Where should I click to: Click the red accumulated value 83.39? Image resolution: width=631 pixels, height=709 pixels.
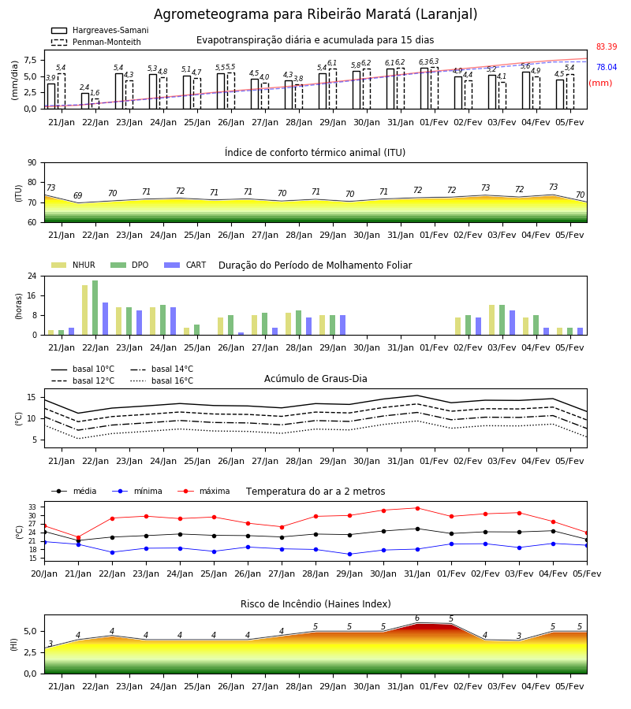pyautogui.click(x=607, y=47)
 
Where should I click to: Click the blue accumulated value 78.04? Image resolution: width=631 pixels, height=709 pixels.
pyautogui.click(x=607, y=68)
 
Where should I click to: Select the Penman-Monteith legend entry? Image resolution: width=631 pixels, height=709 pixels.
pyautogui.click(x=96, y=42)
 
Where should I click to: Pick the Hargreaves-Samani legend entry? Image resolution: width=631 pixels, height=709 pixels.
pyautogui.click(x=99, y=30)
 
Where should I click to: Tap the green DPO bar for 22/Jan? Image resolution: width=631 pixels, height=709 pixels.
pyautogui.click(x=95, y=308)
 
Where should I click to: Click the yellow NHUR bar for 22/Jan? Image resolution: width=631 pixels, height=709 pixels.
pyautogui.click(x=84, y=310)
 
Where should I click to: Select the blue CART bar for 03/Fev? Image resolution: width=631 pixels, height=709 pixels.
pyautogui.click(x=513, y=323)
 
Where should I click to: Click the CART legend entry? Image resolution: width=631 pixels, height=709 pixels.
pyautogui.click(x=185, y=265)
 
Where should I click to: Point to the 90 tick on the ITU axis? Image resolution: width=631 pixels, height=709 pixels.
pyautogui.click(x=32, y=163)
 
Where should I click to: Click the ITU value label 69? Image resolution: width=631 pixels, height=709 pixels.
pyautogui.click(x=78, y=196)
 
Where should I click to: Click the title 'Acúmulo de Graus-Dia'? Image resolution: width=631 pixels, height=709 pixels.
pyautogui.click(x=315, y=379)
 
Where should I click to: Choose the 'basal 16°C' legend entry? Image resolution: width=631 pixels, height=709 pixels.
pyautogui.click(x=162, y=380)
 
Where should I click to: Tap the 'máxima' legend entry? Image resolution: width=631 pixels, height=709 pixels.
pyautogui.click(x=203, y=491)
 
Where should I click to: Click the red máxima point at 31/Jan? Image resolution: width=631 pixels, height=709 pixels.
pyautogui.click(x=417, y=508)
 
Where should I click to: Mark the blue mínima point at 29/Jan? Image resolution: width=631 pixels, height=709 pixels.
pyautogui.click(x=349, y=554)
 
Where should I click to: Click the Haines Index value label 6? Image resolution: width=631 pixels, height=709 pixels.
pyautogui.click(x=417, y=618)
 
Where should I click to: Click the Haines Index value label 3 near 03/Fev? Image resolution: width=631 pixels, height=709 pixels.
pyautogui.click(x=519, y=636)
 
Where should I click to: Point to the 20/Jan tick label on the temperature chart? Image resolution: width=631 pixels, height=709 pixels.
pyautogui.click(x=44, y=574)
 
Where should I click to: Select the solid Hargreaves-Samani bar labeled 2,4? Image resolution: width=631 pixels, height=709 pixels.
pyautogui.click(x=85, y=101)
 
